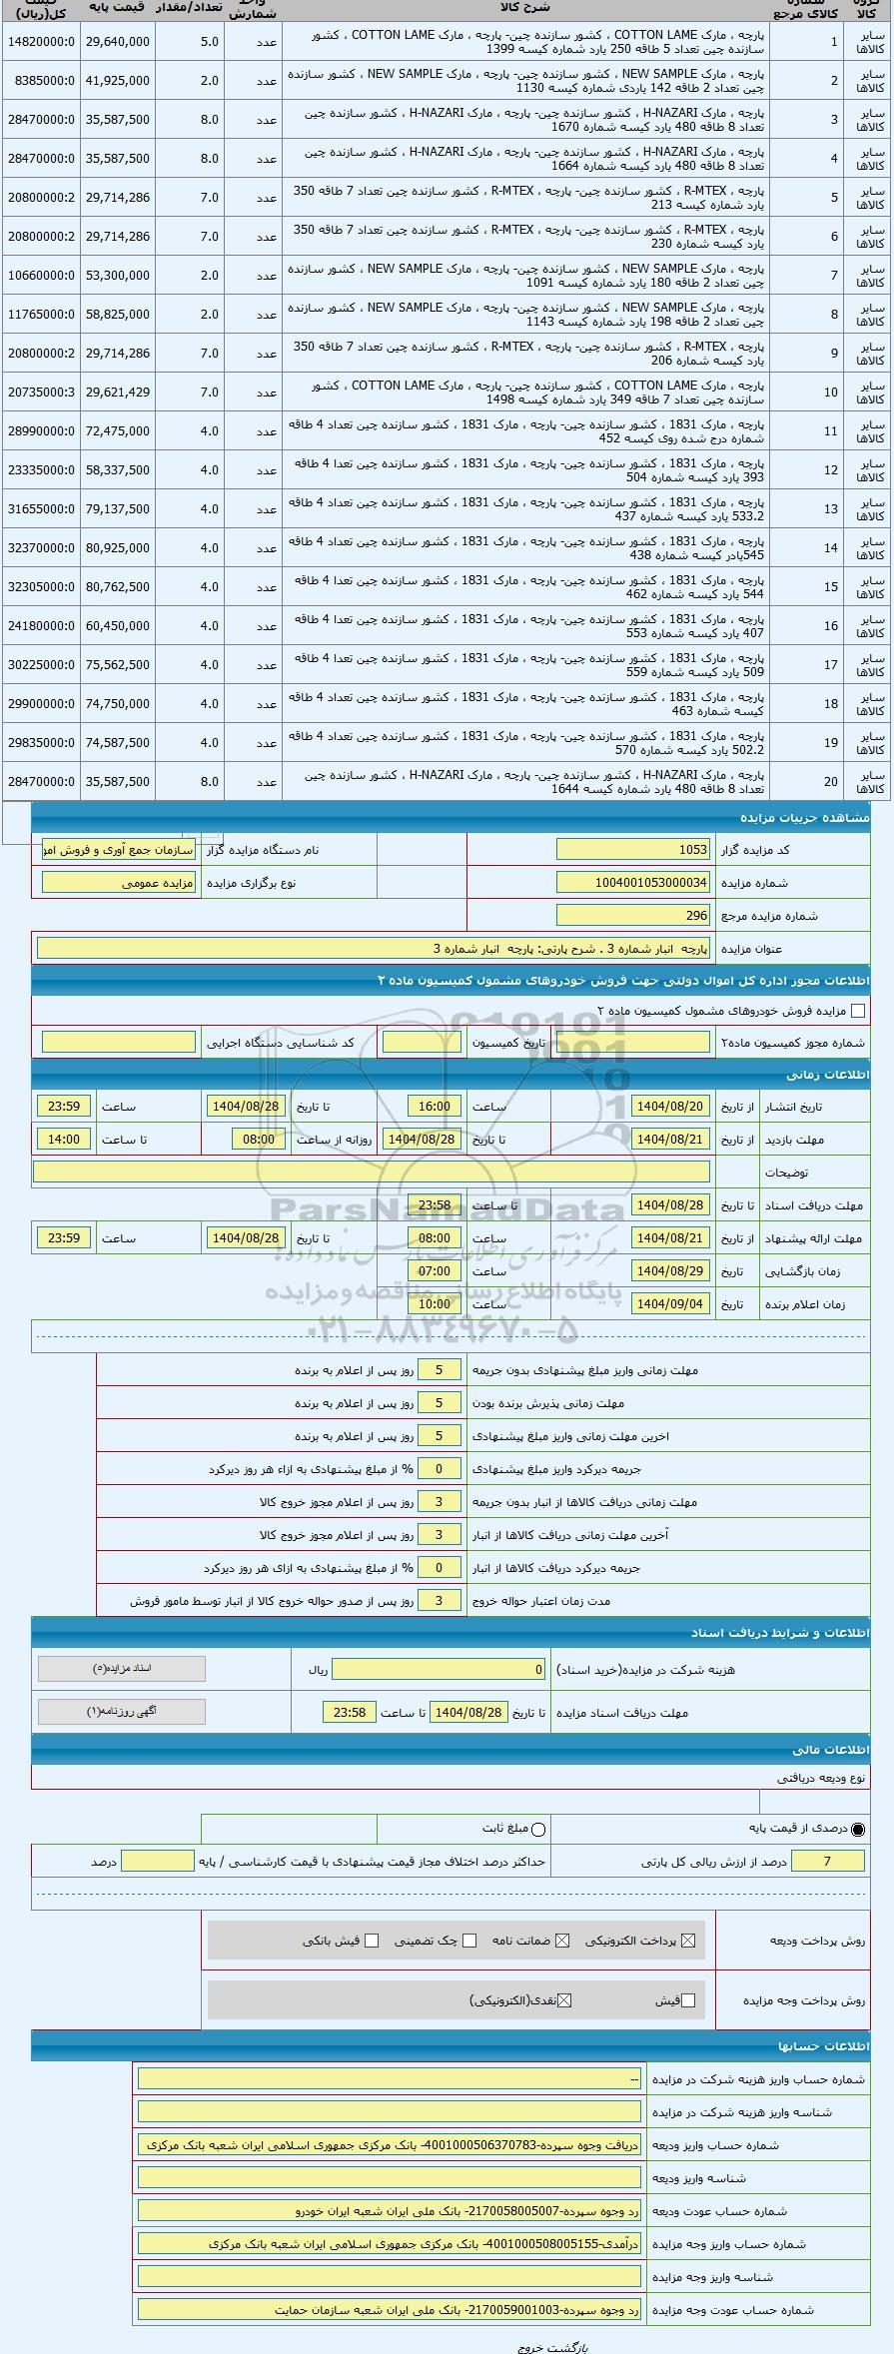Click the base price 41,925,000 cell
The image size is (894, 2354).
coord(118,81)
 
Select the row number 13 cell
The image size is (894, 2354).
coord(831,509)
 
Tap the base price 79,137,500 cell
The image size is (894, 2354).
coord(118,509)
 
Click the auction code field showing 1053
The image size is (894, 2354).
coord(633,850)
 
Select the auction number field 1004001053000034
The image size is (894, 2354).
coord(633,883)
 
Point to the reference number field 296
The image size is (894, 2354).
coord(633,915)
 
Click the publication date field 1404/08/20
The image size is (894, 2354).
coord(670,1107)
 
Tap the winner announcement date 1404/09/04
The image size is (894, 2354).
coord(670,1304)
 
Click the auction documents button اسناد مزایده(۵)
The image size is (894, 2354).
coord(122,1669)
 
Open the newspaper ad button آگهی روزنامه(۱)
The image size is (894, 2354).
coord(122,1712)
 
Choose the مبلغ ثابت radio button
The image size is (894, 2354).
coord(539,1829)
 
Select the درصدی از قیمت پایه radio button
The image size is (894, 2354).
coord(859,1829)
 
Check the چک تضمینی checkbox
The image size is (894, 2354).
coord(469,1941)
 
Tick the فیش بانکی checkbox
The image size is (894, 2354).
coord(372,1941)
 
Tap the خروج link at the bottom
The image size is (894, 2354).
coord(531,2348)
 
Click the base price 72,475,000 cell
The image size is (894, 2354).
coord(118,431)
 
